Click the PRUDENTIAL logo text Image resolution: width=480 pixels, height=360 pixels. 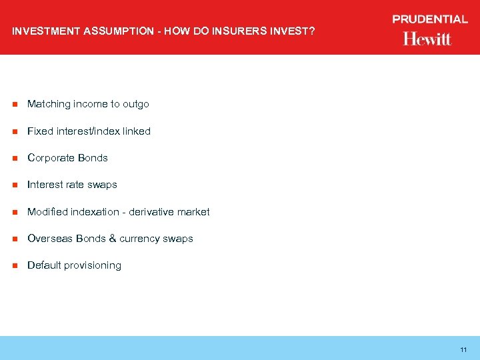[430, 19]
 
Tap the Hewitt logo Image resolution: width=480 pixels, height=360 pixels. [427, 39]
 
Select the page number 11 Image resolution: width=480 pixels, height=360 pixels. [463, 350]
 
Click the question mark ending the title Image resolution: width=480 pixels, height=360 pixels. [311, 31]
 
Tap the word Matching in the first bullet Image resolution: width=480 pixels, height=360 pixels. [49, 104]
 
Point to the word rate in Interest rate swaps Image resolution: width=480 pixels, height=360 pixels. [75, 185]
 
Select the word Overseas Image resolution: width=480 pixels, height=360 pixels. [50, 239]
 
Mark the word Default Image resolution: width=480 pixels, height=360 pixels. [43, 265]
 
